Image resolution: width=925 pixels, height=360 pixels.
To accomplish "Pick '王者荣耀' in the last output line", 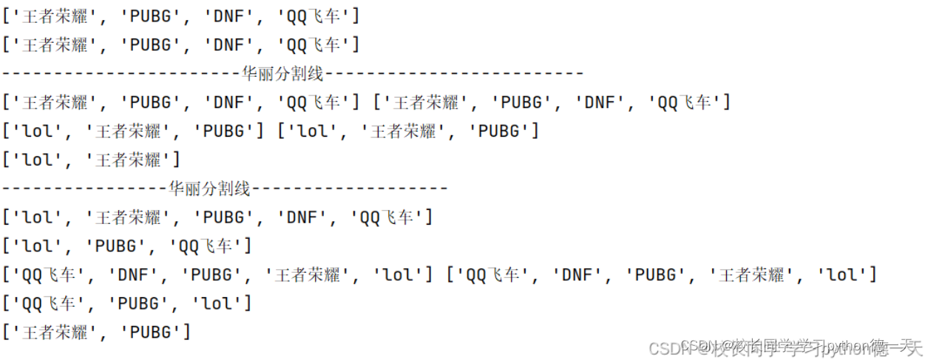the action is click(x=55, y=332).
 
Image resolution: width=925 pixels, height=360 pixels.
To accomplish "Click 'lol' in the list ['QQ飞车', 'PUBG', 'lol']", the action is click(x=218, y=303).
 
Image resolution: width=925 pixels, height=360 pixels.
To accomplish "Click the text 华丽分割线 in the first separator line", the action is click(x=283, y=73).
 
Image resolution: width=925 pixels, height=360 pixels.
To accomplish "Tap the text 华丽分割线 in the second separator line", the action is click(x=210, y=189).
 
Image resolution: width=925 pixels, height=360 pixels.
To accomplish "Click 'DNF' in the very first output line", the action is click(x=228, y=15).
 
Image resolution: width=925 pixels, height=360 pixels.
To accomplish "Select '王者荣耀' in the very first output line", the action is click(x=55, y=15).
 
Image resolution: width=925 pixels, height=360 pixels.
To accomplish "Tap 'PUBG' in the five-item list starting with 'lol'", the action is click(x=219, y=217).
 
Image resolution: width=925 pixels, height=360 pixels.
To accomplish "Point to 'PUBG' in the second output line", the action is click(x=150, y=44).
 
